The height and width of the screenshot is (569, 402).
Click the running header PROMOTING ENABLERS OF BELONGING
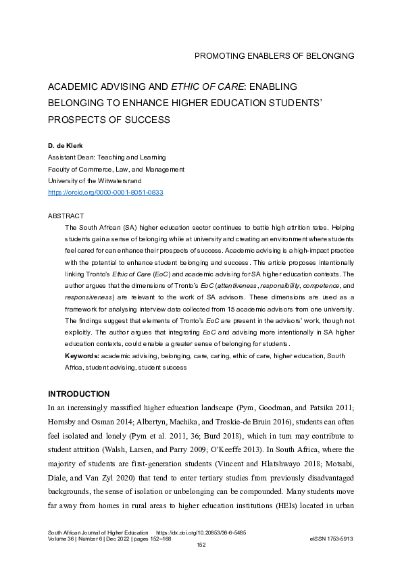(x=274, y=55)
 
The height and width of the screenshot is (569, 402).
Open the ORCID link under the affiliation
(x=105, y=193)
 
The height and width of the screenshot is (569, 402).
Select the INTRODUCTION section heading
(x=78, y=393)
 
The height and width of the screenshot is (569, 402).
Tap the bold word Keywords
(x=81, y=355)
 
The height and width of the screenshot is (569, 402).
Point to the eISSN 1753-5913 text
(x=331, y=539)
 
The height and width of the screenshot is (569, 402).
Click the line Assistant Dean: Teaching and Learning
(x=107, y=157)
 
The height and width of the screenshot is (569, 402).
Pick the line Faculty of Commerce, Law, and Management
(x=116, y=170)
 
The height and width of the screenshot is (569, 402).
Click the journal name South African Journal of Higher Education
(x=99, y=533)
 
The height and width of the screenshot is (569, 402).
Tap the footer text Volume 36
(x=61, y=539)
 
